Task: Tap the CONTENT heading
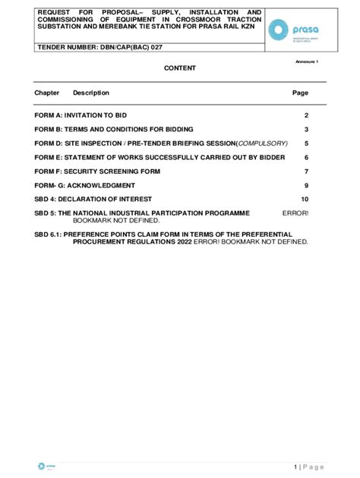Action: point(180,68)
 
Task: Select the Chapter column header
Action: point(47,93)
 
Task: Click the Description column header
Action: point(91,93)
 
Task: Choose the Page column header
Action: point(301,93)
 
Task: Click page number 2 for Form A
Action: point(306,115)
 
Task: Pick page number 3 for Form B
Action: point(306,129)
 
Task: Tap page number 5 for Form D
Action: point(306,143)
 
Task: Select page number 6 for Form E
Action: point(306,157)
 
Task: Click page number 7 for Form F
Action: point(306,171)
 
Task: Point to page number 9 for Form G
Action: point(306,185)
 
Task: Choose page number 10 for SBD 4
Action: point(305,200)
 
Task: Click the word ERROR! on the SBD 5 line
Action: point(295,213)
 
